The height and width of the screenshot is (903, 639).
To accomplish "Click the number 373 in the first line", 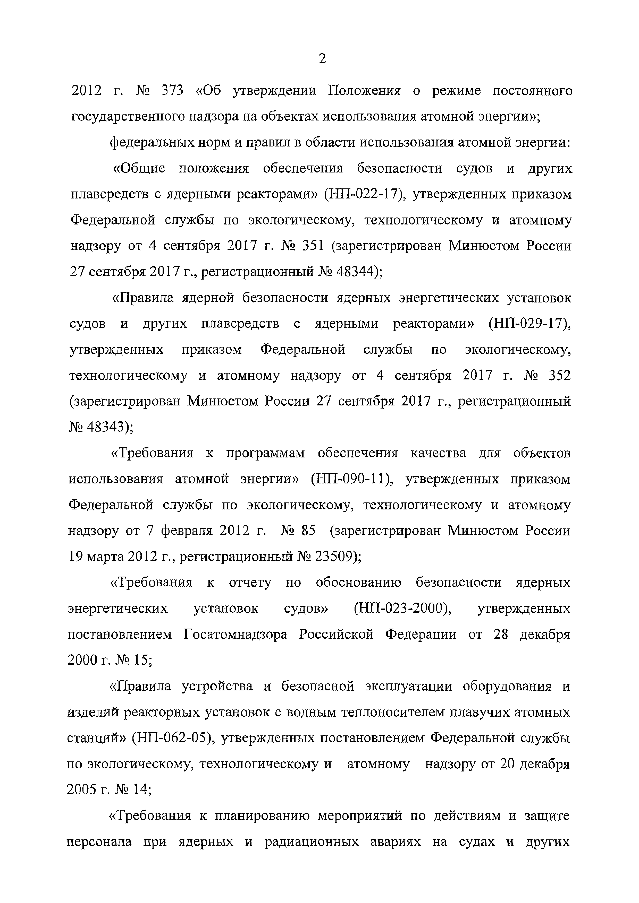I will pos(172,91).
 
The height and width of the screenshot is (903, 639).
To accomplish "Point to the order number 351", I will pos(313,246).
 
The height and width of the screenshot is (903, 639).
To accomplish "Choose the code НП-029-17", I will pos(529,324).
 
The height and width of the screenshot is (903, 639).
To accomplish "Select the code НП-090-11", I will pos(351,479).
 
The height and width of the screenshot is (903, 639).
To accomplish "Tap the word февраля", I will pos(186,531).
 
